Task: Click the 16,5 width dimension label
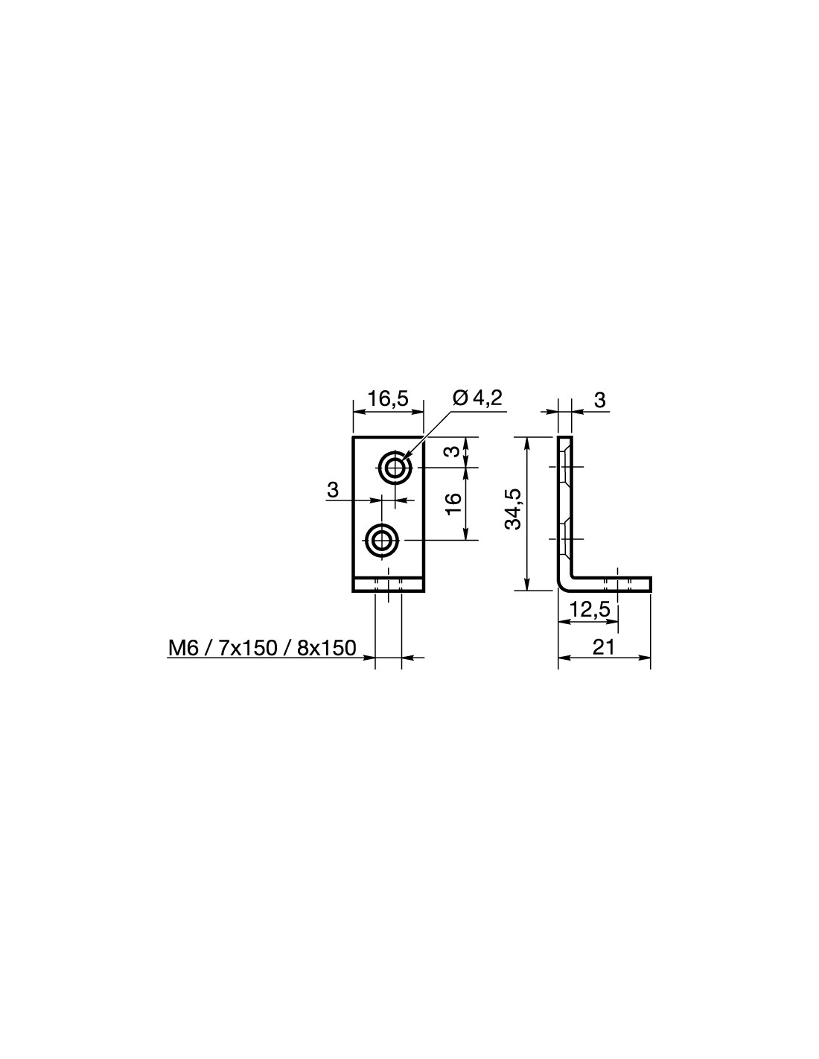pyautogui.click(x=387, y=399)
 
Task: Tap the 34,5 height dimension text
pyautogui.click(x=513, y=509)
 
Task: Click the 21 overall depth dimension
pyautogui.click(x=604, y=647)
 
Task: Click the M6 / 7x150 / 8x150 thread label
pyautogui.click(x=262, y=648)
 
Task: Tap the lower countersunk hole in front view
pyautogui.click(x=381, y=540)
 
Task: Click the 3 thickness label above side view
pyautogui.click(x=600, y=400)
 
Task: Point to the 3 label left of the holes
pyautogui.click(x=332, y=489)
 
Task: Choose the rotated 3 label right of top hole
pyautogui.click(x=453, y=451)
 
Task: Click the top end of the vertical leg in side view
pyautogui.click(x=564, y=437)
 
